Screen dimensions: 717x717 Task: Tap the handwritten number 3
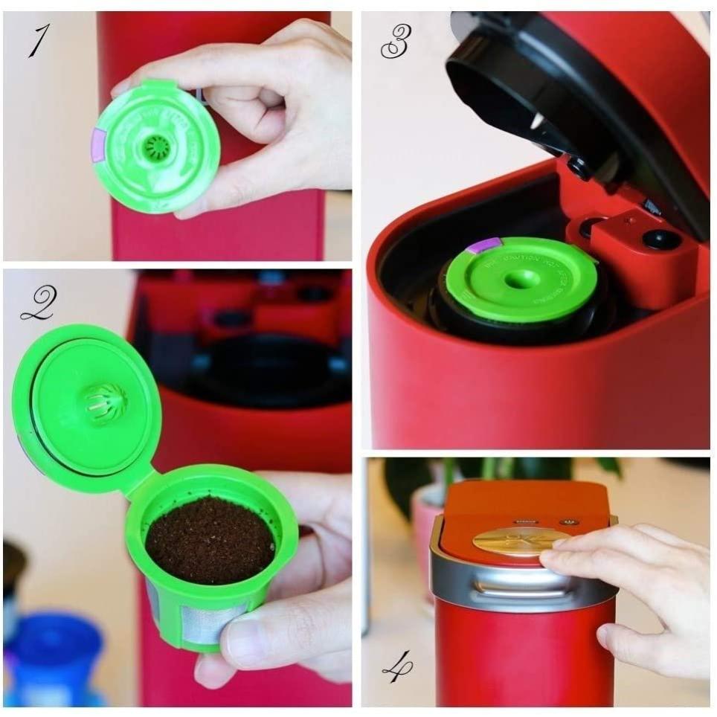coord(395,43)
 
